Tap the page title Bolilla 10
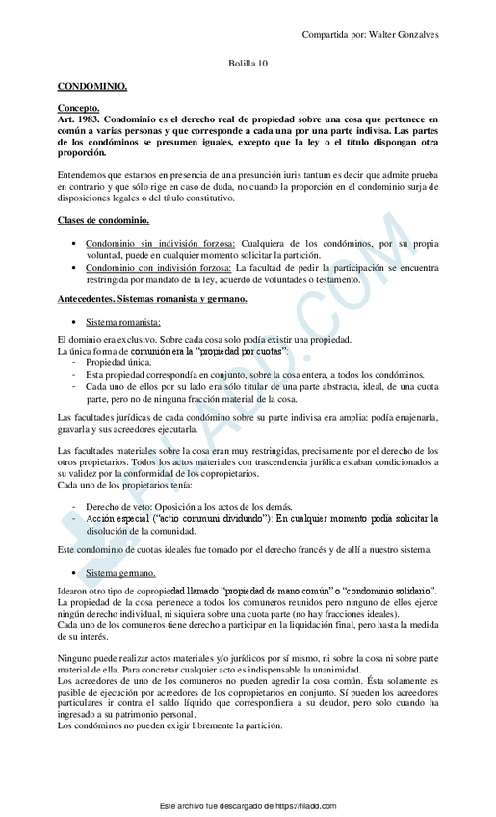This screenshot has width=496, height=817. click(x=248, y=63)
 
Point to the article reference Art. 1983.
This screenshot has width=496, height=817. click(x=80, y=119)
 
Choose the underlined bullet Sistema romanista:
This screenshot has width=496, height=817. click(x=123, y=321)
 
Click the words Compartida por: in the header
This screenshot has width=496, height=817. click(x=328, y=34)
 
